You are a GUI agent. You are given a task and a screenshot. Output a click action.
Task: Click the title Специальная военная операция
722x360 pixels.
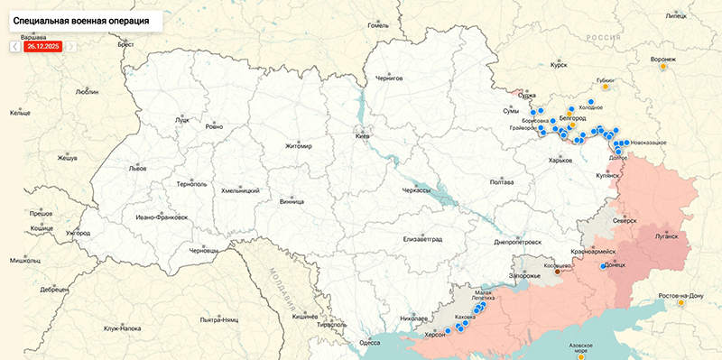click(81, 18)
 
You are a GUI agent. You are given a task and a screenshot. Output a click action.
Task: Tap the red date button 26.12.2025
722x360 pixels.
click(43, 45)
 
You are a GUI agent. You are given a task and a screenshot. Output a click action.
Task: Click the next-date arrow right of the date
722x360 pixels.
click(71, 45)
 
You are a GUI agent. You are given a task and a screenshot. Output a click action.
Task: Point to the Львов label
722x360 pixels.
click(137, 168)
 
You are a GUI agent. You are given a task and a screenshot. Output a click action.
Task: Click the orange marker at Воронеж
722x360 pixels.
click(663, 66)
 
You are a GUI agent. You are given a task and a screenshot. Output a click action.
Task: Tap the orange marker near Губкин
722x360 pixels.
click(606, 88)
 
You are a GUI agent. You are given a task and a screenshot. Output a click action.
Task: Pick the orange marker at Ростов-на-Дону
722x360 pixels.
click(680, 303)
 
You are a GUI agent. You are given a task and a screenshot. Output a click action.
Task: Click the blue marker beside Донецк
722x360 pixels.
click(604, 266)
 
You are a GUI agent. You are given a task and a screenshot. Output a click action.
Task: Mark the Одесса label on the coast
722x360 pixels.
click(369, 343)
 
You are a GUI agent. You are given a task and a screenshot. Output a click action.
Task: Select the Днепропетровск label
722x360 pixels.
click(518, 242)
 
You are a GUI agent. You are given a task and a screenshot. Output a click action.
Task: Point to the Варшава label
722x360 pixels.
click(32, 37)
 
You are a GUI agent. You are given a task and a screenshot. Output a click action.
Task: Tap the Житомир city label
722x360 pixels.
click(298, 146)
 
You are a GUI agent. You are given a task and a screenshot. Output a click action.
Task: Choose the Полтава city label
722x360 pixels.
click(501, 182)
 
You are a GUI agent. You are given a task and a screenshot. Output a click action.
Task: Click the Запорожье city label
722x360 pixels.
click(524, 274)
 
